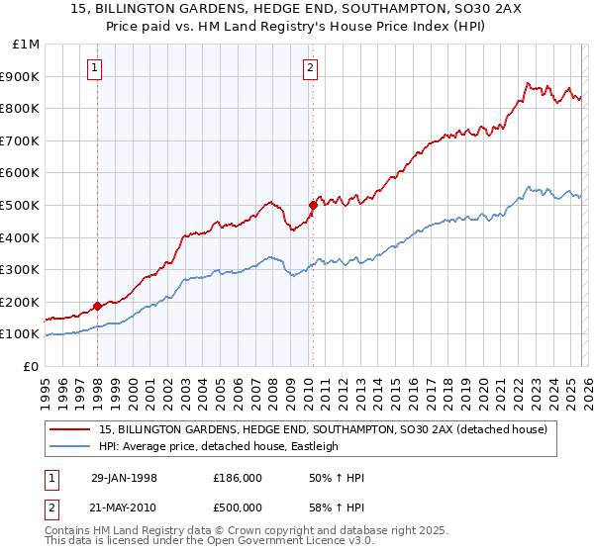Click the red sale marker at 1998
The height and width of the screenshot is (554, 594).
point(98,306)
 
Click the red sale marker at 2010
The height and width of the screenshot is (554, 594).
point(313,205)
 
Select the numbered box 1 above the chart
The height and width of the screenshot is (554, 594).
point(95,68)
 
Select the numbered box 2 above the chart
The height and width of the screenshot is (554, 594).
point(310,68)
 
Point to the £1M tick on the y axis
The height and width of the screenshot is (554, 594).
point(27,45)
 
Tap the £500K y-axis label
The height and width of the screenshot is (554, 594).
point(22,205)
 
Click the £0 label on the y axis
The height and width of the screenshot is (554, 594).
point(31,366)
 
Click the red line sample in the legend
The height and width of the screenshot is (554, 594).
point(72,428)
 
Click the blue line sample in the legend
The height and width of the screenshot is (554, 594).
point(72,446)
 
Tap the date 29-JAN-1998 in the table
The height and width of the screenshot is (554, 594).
point(124,478)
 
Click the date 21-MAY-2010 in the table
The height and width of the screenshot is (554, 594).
point(124,507)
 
